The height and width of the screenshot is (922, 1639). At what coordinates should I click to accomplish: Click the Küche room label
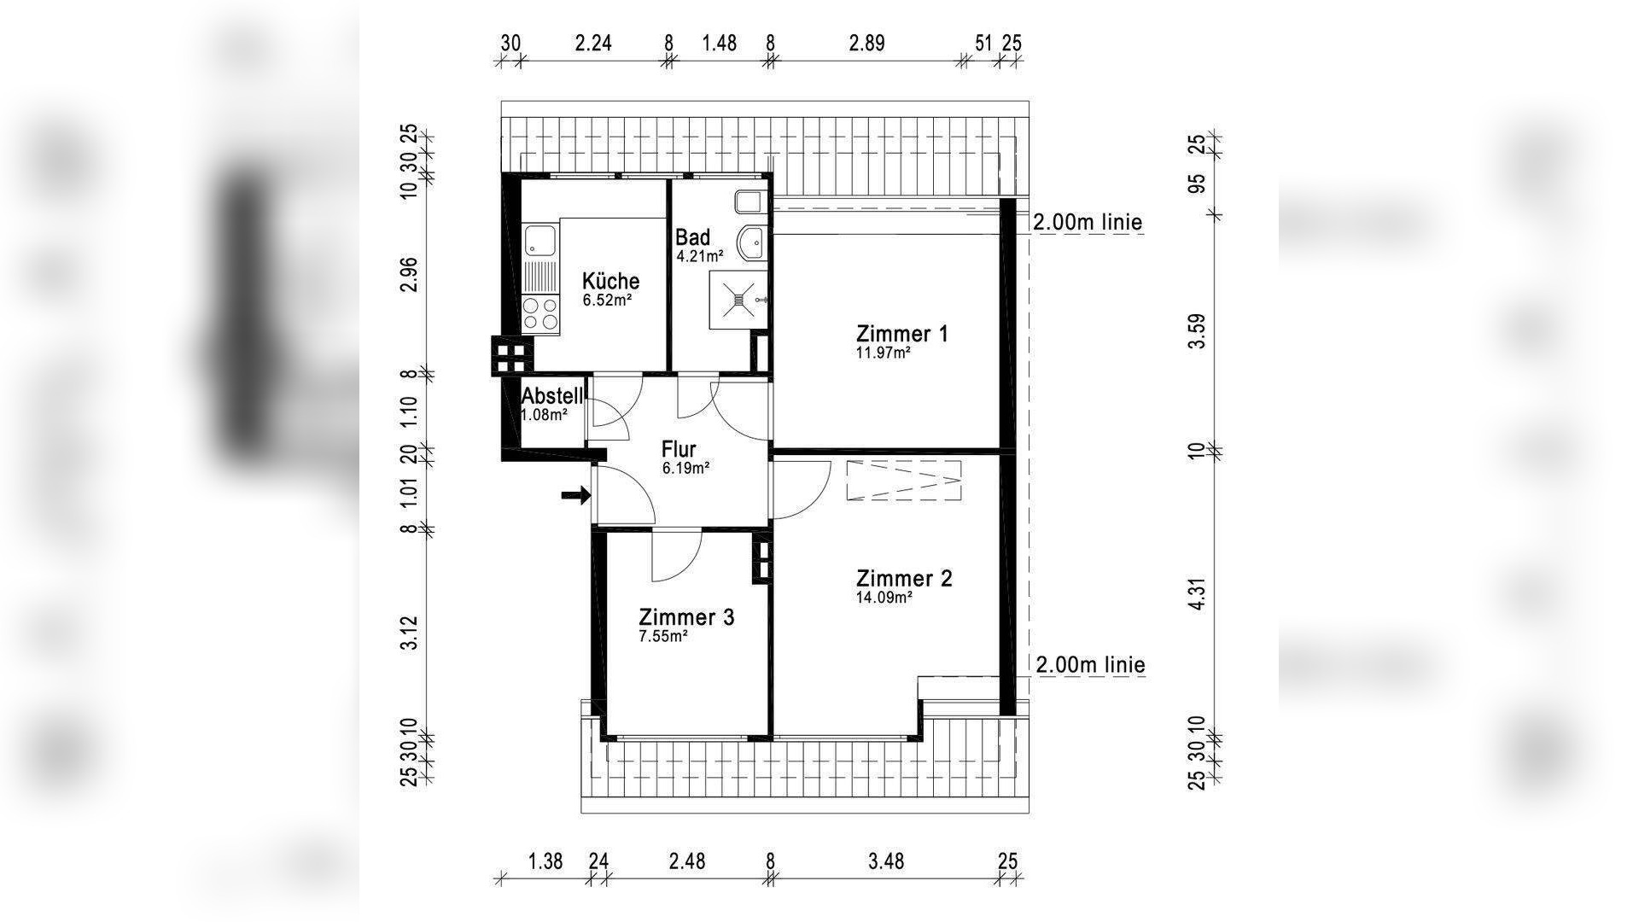pos(610,281)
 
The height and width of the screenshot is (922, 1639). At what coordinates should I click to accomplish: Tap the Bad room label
pos(692,236)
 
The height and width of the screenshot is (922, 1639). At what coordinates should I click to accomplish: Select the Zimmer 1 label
pos(902,333)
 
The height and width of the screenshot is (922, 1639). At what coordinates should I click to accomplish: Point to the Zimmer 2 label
pos(904,578)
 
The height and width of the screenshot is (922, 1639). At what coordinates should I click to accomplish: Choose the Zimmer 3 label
pos(686,616)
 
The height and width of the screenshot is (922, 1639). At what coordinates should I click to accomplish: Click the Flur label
pos(679,449)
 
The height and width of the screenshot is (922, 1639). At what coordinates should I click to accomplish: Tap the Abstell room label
pos(552,396)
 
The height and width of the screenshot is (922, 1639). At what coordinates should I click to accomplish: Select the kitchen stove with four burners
pos(540,313)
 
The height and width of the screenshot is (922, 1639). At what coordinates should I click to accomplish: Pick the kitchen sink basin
pos(540,240)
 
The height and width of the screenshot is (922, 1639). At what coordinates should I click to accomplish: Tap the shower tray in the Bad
pos(738,299)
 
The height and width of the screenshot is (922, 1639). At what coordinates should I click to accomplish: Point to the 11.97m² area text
pos(884,352)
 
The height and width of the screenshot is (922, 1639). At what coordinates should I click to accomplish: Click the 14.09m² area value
pos(884,598)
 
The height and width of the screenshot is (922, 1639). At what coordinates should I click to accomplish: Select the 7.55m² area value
pos(664,636)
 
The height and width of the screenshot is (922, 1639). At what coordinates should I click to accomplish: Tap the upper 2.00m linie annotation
pos(1087,223)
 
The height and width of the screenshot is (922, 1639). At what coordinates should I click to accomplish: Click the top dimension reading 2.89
pos(866,43)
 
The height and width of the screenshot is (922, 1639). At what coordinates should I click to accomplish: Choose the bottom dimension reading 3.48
pos(886,861)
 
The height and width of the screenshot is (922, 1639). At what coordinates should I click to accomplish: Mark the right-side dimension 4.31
pos(1199,594)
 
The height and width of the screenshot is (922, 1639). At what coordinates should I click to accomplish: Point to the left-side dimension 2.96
pos(411,273)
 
